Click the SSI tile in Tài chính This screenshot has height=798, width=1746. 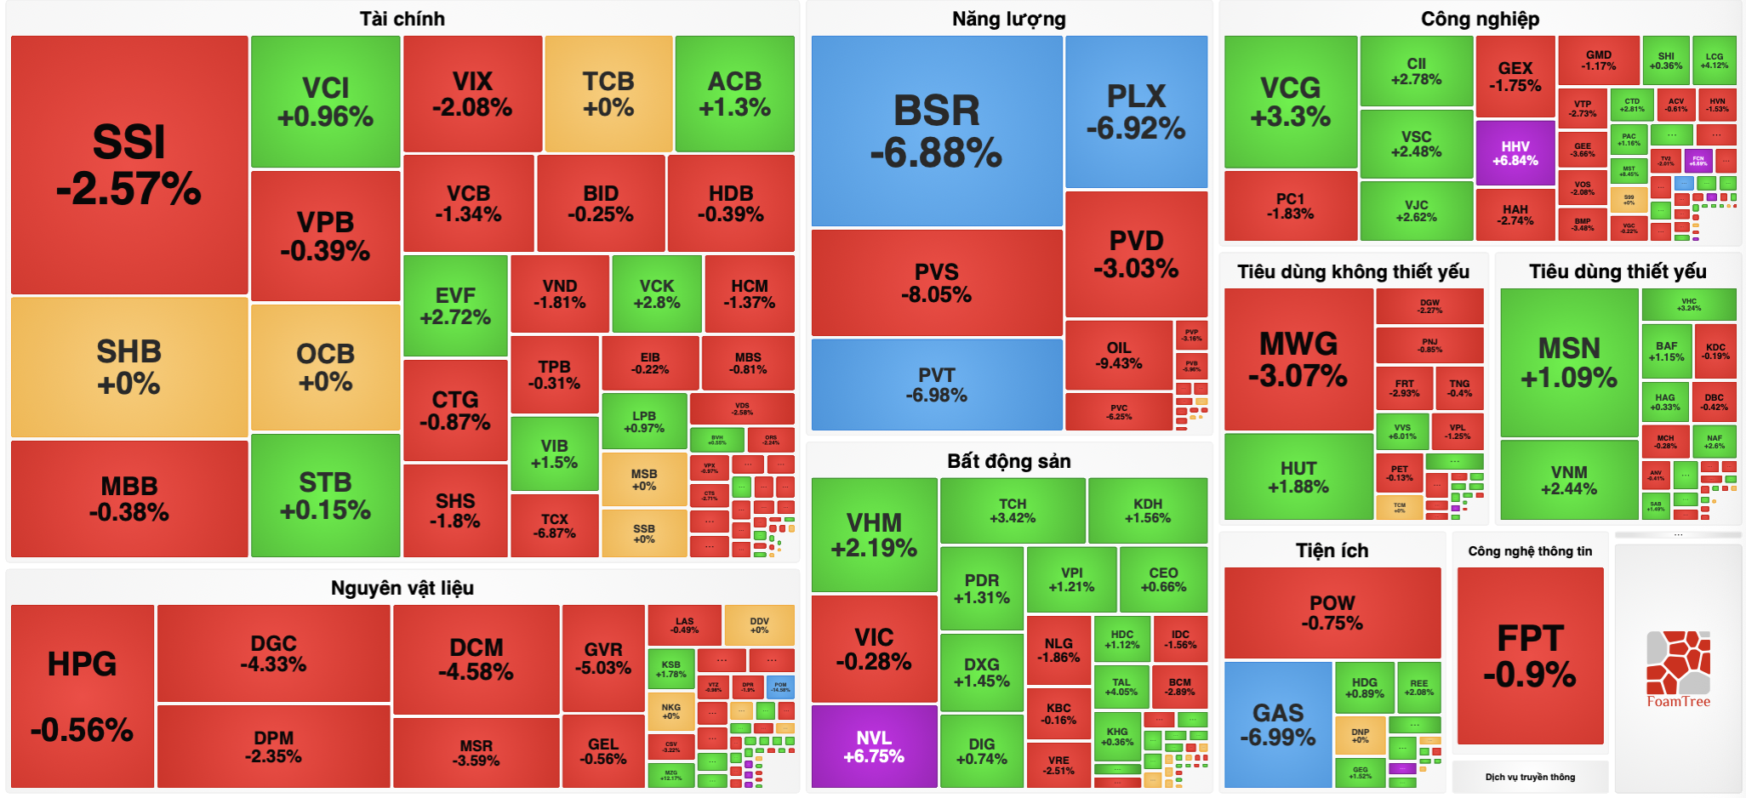[128, 165]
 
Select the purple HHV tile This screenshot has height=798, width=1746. [1515, 153]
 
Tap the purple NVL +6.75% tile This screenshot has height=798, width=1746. [874, 747]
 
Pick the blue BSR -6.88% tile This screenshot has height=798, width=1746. [936, 131]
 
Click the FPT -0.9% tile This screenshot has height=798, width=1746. [1530, 655]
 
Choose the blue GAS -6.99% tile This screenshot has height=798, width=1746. [1277, 725]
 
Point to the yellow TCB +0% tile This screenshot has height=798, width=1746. [608, 94]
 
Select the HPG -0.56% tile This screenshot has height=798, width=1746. [82, 696]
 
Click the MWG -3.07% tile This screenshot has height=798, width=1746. [1298, 359]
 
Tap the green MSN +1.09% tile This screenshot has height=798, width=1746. [1569, 362]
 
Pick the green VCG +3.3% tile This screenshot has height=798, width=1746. [1290, 101]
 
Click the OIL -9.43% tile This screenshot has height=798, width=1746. [1119, 355]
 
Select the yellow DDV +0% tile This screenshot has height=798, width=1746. [759, 625]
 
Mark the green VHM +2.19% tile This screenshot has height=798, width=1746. [874, 534]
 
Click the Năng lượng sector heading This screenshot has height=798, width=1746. [1008, 19]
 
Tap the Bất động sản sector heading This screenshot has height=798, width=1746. [1008, 461]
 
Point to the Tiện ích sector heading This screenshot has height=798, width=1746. [1332, 550]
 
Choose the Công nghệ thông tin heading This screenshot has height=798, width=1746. [1530, 551]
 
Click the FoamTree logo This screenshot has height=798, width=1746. [1678, 669]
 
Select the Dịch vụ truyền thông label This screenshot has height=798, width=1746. [1530, 777]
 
